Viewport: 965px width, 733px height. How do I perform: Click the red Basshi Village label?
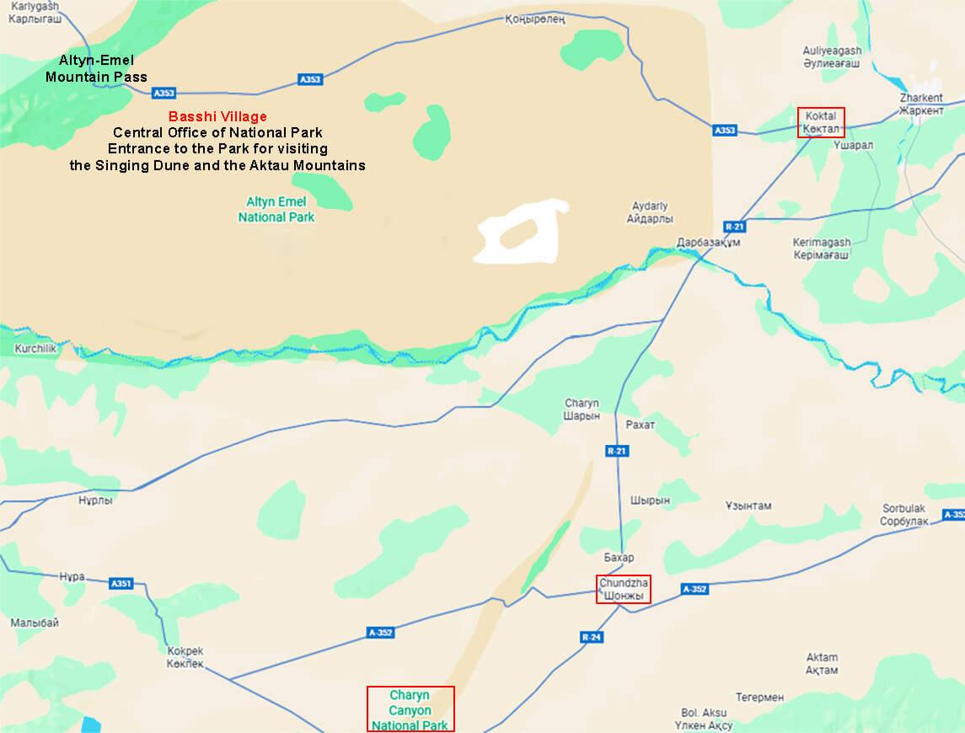(217, 117)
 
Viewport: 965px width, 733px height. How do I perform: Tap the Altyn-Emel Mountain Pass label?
(96, 69)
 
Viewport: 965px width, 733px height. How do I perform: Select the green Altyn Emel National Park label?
(276, 209)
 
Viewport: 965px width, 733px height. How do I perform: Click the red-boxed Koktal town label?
(821, 122)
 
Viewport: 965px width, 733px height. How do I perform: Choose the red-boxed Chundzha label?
(625, 589)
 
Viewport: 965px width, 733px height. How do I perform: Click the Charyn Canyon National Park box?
(410, 709)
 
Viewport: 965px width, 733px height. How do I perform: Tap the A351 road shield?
(121, 583)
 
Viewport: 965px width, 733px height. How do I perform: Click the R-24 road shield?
(592, 638)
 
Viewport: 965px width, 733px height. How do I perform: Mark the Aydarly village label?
(650, 212)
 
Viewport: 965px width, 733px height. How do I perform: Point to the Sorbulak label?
(904, 515)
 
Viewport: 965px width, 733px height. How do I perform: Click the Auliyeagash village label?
(832, 56)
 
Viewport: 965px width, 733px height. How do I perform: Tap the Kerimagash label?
(822, 249)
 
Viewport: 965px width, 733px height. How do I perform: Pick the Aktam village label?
(822, 664)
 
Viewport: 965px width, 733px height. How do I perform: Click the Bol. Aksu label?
(704, 719)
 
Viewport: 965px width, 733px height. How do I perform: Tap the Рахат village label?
(641, 425)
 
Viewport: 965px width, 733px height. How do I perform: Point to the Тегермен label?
(759, 698)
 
